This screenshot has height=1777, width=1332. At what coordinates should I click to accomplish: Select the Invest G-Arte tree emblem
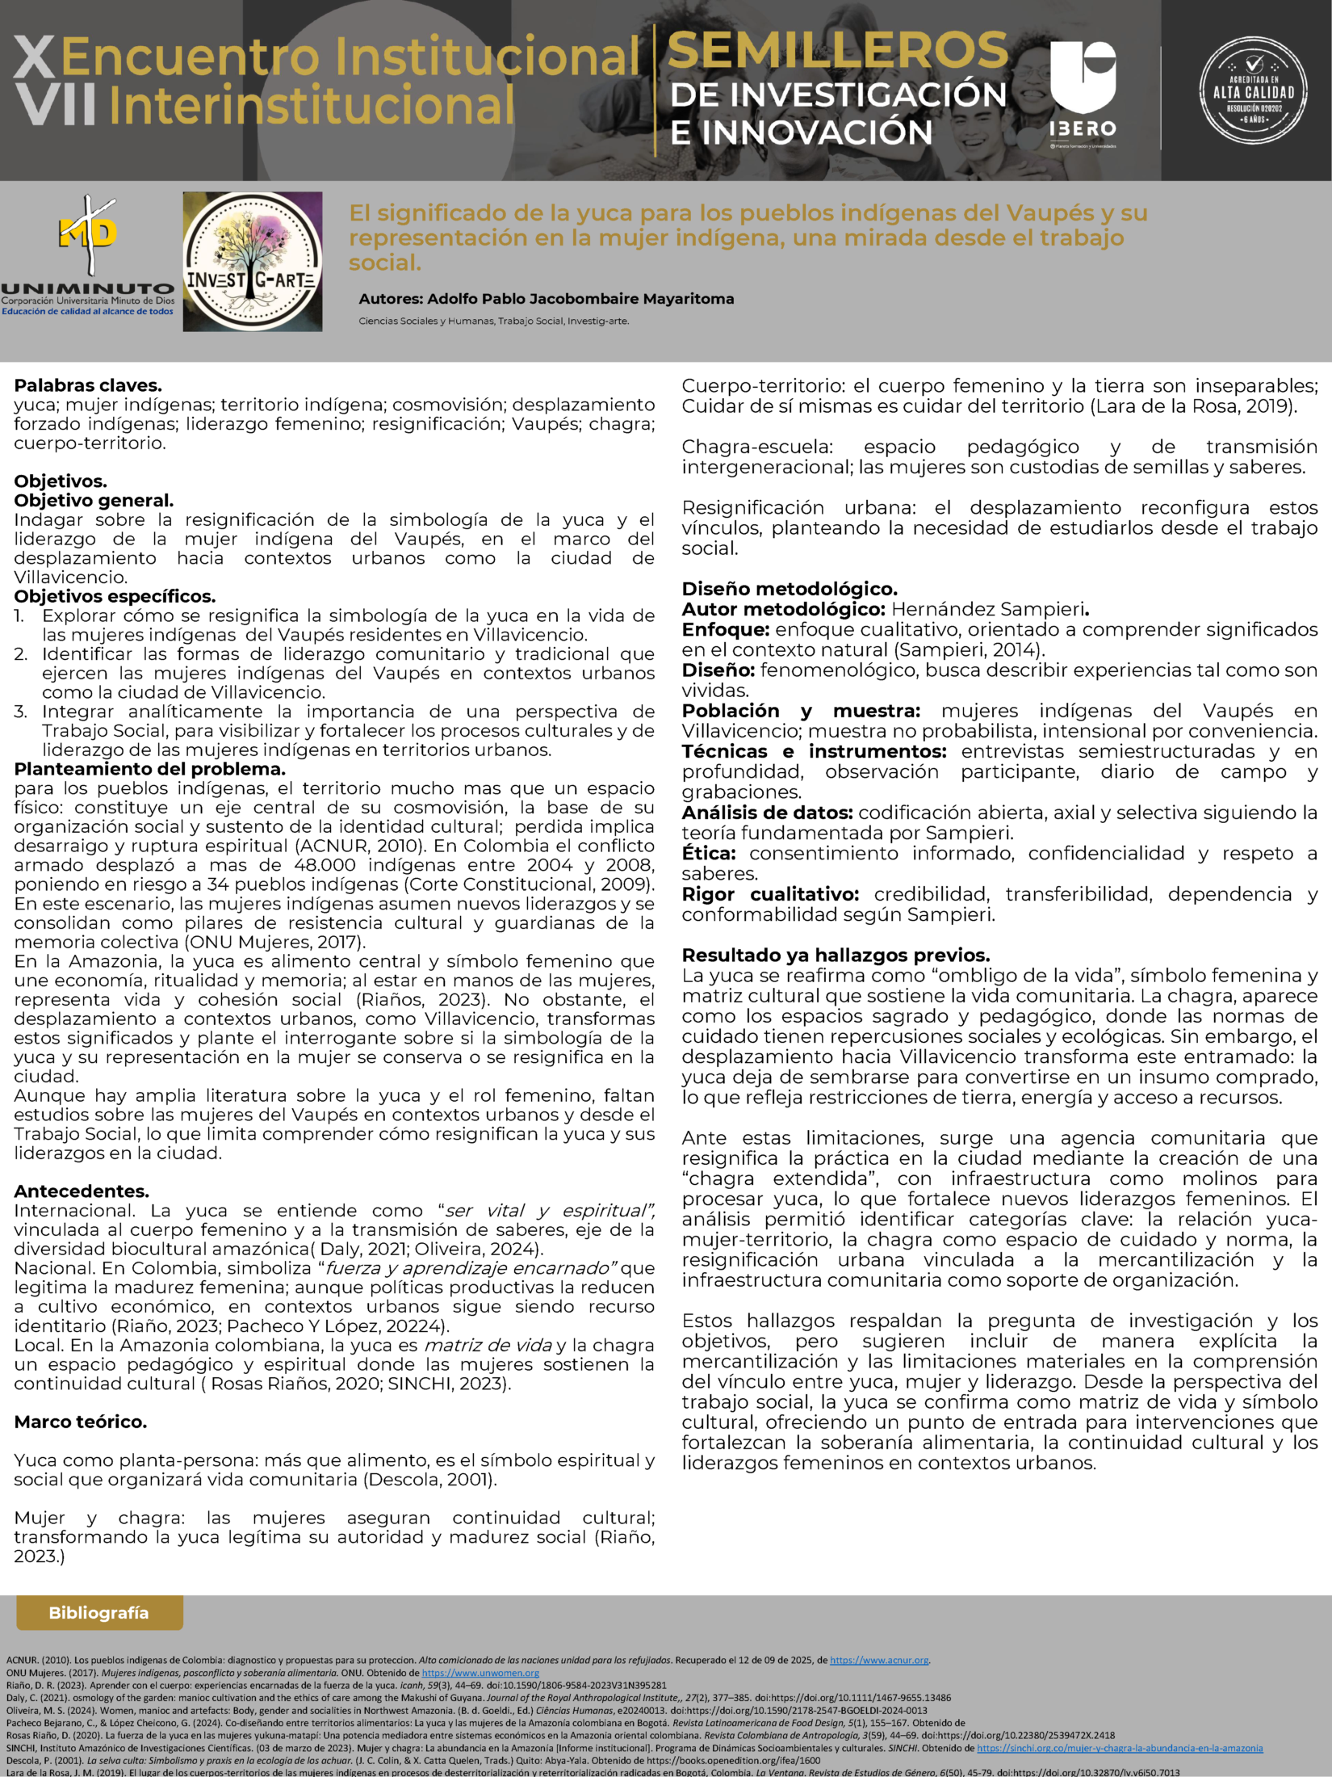[x=252, y=262]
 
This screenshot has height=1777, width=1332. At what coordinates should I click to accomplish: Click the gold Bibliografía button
[x=99, y=1612]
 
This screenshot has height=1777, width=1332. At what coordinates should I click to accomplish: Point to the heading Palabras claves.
[x=88, y=385]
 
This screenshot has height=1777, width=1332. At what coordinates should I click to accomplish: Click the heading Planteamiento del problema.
[x=150, y=768]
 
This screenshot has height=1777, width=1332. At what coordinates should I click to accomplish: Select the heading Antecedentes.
[x=82, y=1191]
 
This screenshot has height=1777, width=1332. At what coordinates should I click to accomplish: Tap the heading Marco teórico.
[x=81, y=1422]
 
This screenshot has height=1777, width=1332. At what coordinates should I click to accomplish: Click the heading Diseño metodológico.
[x=790, y=589]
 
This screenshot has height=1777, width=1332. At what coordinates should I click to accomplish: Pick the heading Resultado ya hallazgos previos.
[x=836, y=956]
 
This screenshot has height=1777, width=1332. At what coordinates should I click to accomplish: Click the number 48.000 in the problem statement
[x=325, y=865]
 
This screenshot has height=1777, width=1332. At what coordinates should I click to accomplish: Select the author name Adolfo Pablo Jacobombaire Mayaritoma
[x=580, y=299]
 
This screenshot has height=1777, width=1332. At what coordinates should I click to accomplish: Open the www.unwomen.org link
[x=480, y=1673]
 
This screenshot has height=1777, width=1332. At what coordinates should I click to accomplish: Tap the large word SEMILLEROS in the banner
[x=838, y=51]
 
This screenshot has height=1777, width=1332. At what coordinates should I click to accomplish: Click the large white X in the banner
[x=35, y=58]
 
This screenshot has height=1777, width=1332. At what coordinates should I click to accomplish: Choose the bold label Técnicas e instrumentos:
[x=814, y=751]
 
